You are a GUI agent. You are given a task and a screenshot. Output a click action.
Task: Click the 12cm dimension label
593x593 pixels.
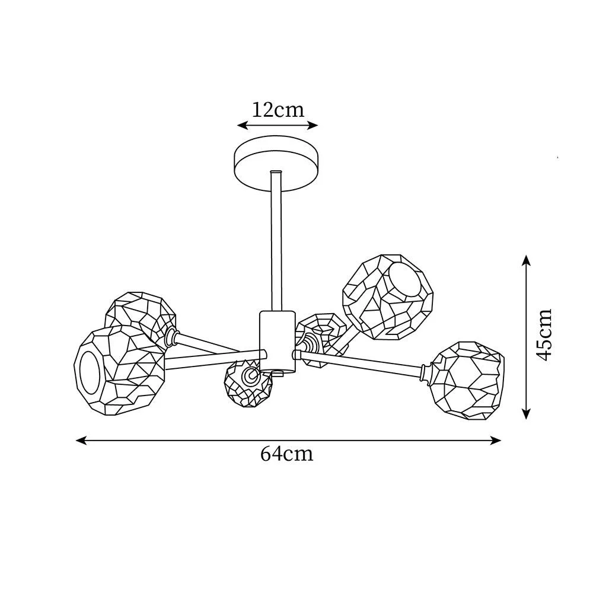[278, 110]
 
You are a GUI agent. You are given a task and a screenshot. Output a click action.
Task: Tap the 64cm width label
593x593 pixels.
[286, 454]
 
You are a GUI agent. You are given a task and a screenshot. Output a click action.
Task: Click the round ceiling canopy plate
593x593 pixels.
[276, 164]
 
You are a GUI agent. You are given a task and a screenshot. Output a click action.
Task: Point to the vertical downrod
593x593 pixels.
[276, 241]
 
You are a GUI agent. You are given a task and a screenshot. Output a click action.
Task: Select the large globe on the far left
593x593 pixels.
[119, 371]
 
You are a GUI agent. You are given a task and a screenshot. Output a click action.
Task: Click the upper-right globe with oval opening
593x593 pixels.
[388, 297]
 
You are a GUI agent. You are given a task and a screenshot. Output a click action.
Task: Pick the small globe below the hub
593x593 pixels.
[248, 384]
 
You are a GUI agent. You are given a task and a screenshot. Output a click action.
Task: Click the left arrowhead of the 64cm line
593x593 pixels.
[80, 440]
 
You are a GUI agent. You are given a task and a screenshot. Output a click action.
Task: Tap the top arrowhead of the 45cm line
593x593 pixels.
[525, 260]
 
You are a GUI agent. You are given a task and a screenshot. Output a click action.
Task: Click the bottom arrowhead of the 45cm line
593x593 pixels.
[525, 415]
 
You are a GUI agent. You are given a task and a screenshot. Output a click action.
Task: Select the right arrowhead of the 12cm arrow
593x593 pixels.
[314, 125]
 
